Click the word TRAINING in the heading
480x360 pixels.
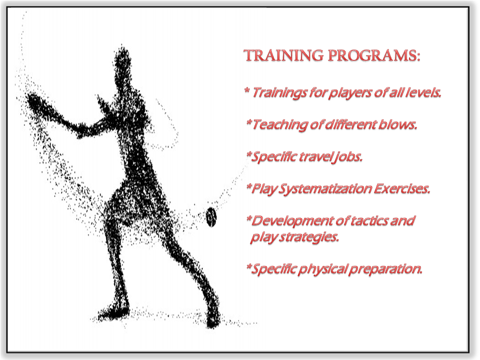point(284,55)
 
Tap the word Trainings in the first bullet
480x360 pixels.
point(279,93)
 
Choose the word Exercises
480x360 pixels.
point(401,188)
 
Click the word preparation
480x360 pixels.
point(385,269)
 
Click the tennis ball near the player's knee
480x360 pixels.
point(211,217)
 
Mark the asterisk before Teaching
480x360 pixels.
point(249,122)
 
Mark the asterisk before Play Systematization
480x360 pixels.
point(249,186)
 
